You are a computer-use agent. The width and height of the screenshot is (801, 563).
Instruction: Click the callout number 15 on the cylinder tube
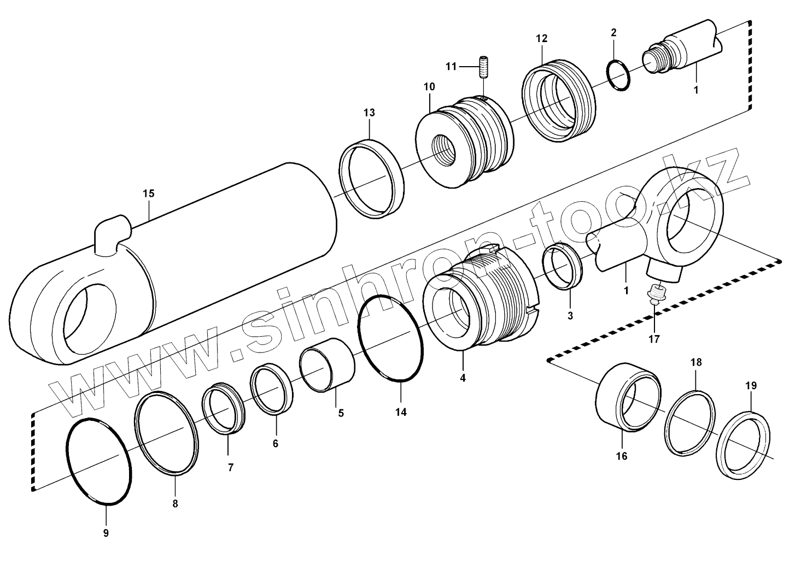149,194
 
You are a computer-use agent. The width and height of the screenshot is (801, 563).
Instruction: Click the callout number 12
541,39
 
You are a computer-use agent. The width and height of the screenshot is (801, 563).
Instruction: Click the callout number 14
401,413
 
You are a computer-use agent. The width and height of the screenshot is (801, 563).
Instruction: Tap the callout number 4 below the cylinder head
463,378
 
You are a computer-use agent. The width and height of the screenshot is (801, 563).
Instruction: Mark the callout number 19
751,386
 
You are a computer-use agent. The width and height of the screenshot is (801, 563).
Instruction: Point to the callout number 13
369,113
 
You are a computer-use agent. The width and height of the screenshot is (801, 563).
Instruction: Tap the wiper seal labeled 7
224,408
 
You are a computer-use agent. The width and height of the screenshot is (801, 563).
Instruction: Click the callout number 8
175,504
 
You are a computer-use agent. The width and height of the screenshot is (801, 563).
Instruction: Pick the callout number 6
276,443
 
